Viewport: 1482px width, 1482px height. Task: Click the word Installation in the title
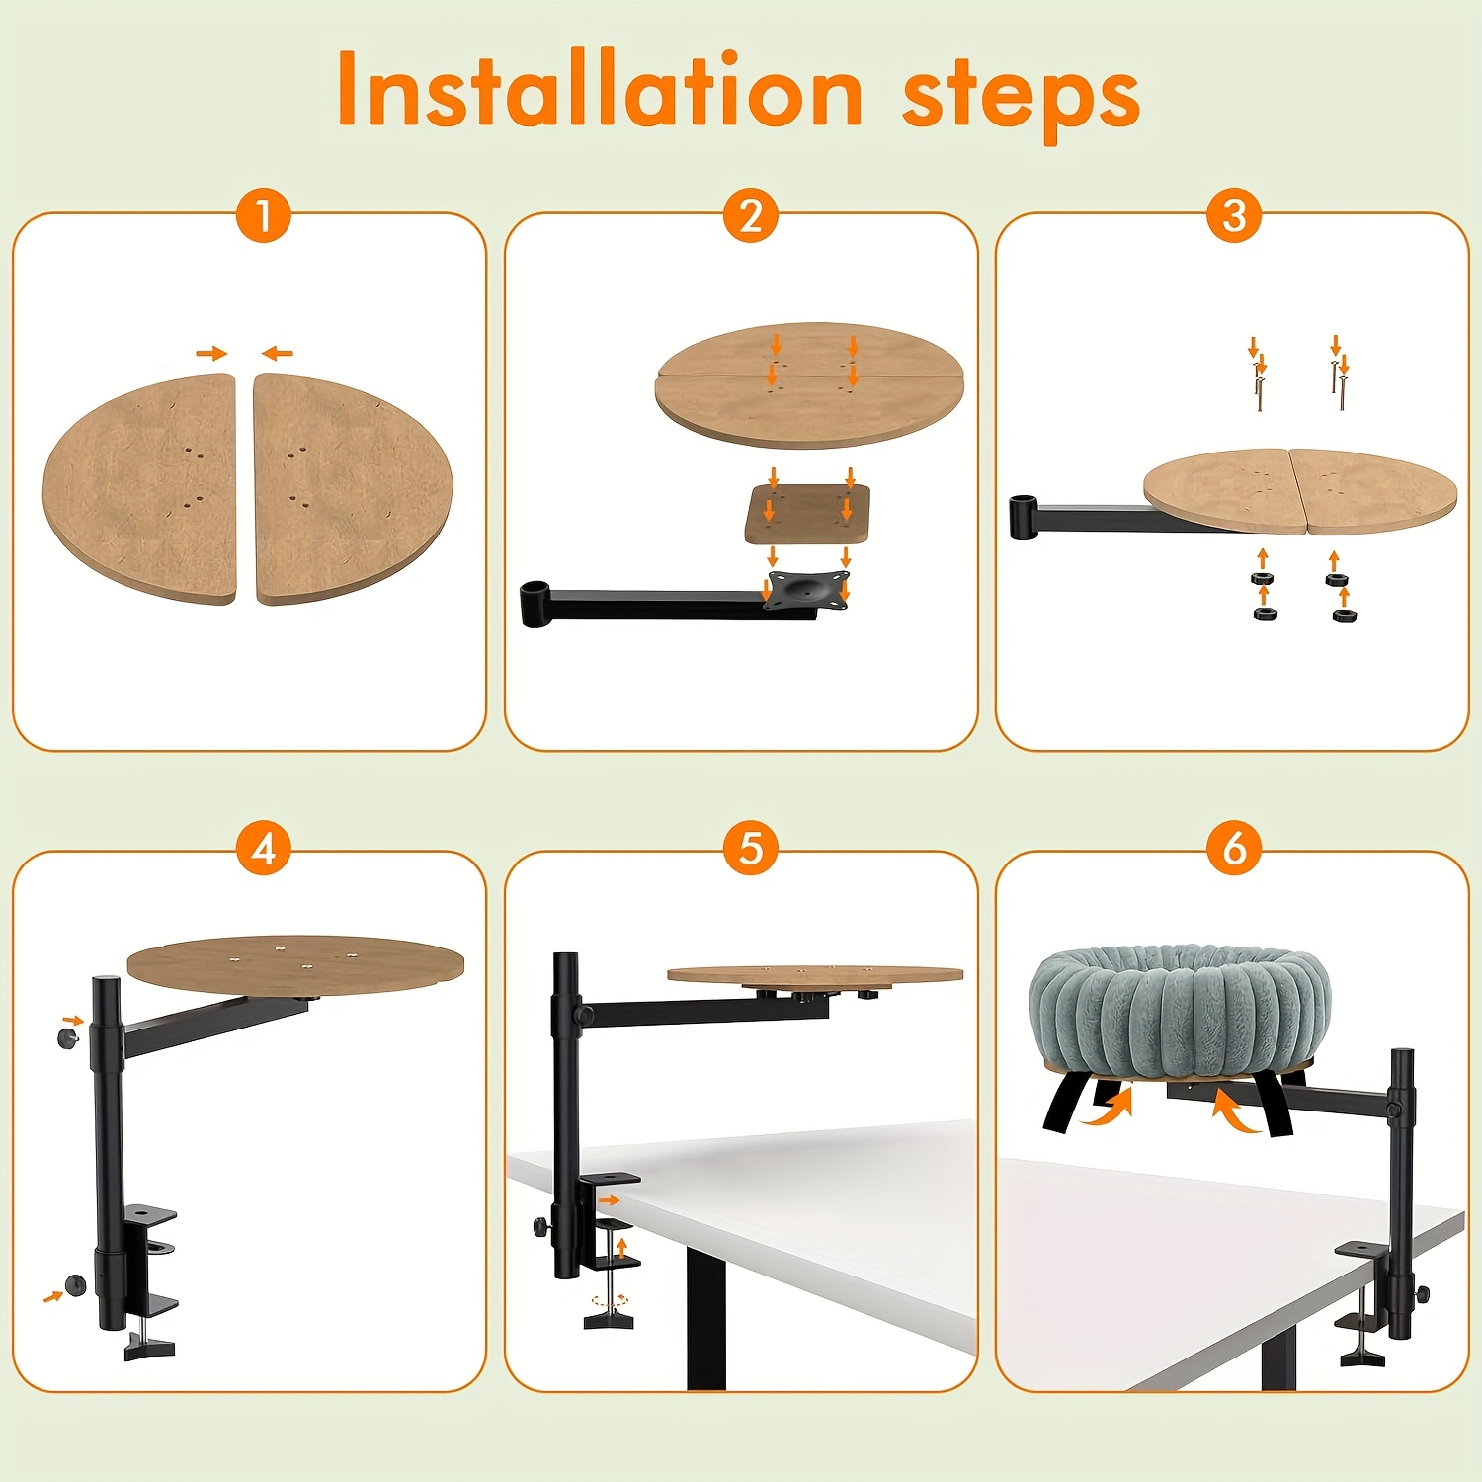pos(601,91)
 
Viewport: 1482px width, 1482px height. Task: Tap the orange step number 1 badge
pos(264,215)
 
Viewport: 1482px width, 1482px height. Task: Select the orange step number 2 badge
pos(751,215)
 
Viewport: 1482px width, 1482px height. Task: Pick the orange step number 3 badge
pos(1234,215)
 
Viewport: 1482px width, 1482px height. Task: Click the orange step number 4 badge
pos(264,849)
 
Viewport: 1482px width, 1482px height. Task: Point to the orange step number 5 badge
pos(751,849)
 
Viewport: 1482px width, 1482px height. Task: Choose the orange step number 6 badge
pos(1234,849)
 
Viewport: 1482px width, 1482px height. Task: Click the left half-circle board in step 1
pos(141,489)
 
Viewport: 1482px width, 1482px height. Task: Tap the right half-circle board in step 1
pos(351,489)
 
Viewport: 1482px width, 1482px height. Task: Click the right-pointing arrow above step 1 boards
pos(211,353)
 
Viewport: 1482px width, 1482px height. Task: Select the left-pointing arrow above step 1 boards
pos(278,353)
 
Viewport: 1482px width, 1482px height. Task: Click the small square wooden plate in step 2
pos(807,514)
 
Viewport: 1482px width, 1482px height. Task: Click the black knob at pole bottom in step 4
pos(75,1284)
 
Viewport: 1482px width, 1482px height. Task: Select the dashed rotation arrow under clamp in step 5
pos(609,1300)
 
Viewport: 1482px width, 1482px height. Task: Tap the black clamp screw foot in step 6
pos(1361,1358)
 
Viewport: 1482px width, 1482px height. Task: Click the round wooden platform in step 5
pos(815,975)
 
